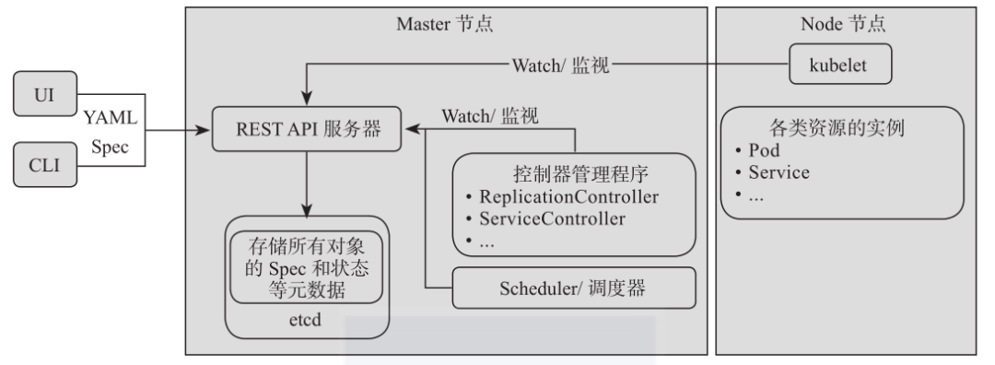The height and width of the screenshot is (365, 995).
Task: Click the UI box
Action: click(x=43, y=97)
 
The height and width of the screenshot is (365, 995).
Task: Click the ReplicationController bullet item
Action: click(x=564, y=198)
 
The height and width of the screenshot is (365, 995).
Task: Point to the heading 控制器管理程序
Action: click(x=571, y=174)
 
